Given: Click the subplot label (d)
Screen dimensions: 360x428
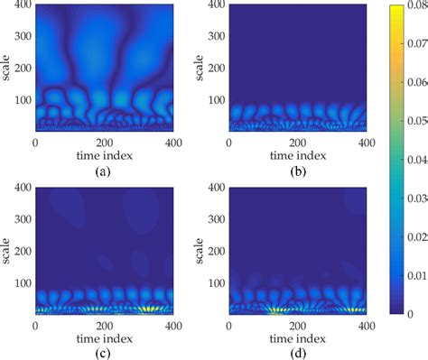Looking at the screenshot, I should (x=296, y=350).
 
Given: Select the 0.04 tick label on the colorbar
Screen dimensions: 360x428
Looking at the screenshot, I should (x=418, y=162).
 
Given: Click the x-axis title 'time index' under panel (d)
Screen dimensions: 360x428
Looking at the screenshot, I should (x=296, y=337).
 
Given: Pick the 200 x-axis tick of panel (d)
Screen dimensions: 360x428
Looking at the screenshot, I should (x=296, y=324).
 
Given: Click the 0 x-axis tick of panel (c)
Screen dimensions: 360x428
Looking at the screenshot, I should (x=35, y=324).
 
